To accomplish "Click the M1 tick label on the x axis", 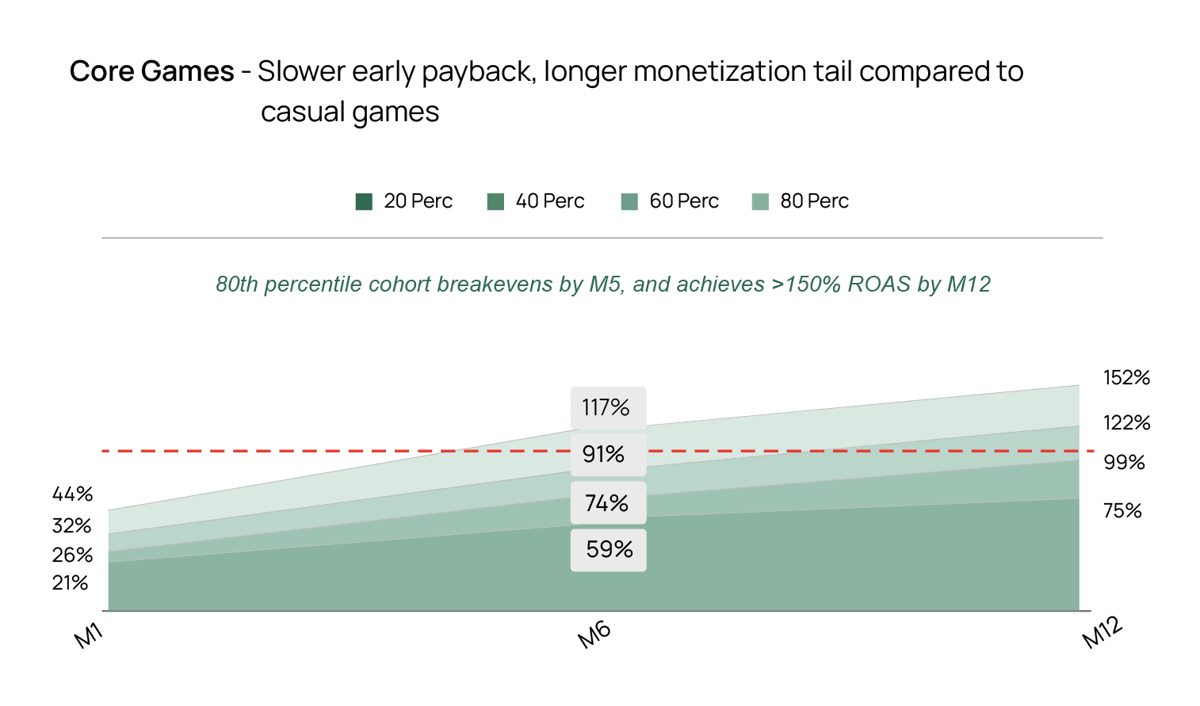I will pos(89,636).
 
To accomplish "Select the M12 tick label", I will pos(1103,632).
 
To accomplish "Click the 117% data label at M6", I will pos(607,408).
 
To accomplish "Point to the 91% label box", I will pos(607,455).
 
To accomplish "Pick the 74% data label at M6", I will pos(607,503).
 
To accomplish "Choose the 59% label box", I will pos(609,550).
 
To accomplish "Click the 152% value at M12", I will pos(1126,378).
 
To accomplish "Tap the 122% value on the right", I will pos(1126,423).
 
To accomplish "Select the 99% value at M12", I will pos(1124,463).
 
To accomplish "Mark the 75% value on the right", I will pos(1122,511).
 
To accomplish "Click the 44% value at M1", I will pos(73,494).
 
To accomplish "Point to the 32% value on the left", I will pos(72,526).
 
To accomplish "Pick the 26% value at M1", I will pos(73,555).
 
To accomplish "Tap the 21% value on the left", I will pos(71,583).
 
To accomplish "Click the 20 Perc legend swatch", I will pos(364,202).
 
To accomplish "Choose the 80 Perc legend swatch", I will pos(760,202).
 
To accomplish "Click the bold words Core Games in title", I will pos(152,72).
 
